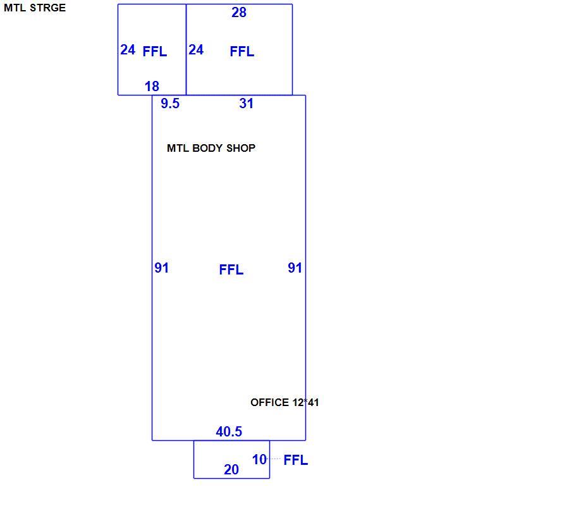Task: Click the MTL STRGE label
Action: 35,8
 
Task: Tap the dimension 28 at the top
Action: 239,13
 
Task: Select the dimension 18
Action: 152,87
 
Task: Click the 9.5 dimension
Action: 170,104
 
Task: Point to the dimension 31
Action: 246,104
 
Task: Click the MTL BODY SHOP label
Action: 211,148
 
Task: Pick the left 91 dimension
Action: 161,268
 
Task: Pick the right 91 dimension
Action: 295,268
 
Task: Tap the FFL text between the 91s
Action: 231,269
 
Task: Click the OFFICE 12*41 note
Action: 284,402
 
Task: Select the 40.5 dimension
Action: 229,431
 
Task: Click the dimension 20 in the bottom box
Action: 231,470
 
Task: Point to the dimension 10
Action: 259,460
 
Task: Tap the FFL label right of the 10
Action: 296,460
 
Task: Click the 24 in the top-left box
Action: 128,50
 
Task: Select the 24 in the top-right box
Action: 196,50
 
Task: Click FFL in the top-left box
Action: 155,51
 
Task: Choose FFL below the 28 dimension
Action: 242,51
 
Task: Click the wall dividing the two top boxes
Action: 186,50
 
